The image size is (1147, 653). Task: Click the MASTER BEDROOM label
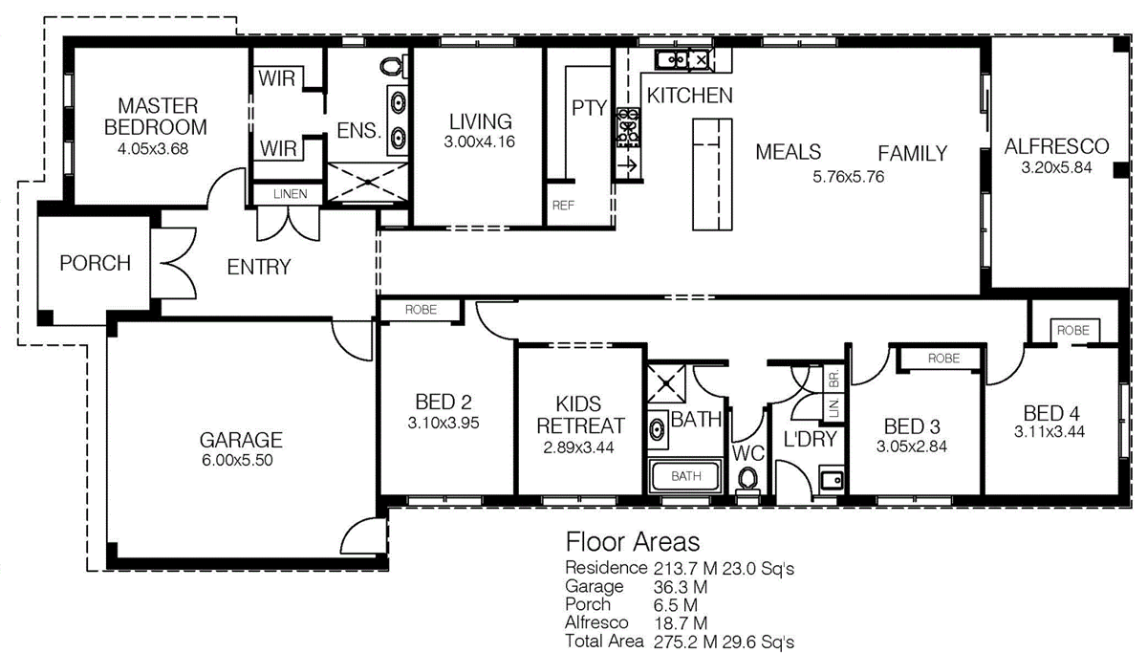click(x=156, y=117)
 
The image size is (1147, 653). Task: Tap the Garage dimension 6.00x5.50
click(x=237, y=460)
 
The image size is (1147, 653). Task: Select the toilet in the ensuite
click(x=393, y=66)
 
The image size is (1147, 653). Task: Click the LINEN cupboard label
click(x=291, y=194)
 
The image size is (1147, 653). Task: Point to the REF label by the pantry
click(x=563, y=206)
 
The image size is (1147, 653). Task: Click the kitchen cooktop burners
click(x=628, y=127)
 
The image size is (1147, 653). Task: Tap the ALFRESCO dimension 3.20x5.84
click(x=1056, y=167)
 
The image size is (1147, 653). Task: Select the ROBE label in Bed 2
click(x=421, y=310)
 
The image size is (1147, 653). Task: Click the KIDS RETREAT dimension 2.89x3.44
click(x=578, y=447)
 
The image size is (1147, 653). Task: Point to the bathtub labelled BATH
click(x=685, y=476)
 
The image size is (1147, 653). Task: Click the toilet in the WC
click(x=748, y=480)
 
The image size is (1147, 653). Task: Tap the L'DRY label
click(x=811, y=439)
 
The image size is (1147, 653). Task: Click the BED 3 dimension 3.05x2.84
click(x=912, y=446)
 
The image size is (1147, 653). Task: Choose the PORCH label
click(x=96, y=263)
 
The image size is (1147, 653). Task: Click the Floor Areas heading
click(x=633, y=542)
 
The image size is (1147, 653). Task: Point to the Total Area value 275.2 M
click(x=685, y=642)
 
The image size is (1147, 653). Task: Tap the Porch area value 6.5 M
click(x=676, y=605)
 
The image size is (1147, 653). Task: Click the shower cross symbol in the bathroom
click(x=665, y=383)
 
